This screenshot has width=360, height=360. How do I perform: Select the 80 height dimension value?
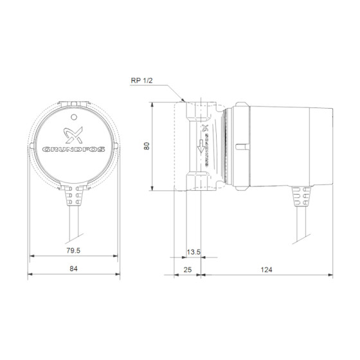147,146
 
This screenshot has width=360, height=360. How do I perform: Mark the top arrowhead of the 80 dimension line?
152,104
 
